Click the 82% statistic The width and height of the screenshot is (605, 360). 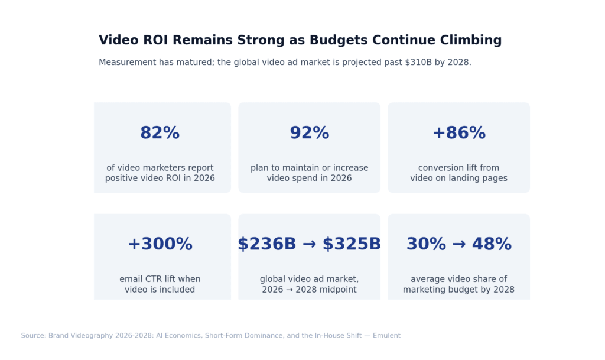160,134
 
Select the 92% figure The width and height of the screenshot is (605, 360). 309,134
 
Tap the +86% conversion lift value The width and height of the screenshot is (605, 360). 458,134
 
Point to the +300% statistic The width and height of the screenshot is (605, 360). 160,244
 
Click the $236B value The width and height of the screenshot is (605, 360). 266,244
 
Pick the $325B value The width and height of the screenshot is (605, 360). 352,244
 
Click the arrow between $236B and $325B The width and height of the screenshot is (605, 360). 309,244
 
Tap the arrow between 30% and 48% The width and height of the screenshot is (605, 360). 458,244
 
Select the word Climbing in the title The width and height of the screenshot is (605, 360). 470,40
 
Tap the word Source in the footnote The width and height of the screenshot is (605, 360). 33,336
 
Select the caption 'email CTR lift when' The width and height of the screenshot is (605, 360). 160,279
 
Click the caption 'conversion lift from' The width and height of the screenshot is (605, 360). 458,168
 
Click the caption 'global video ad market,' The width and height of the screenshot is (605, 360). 309,279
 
